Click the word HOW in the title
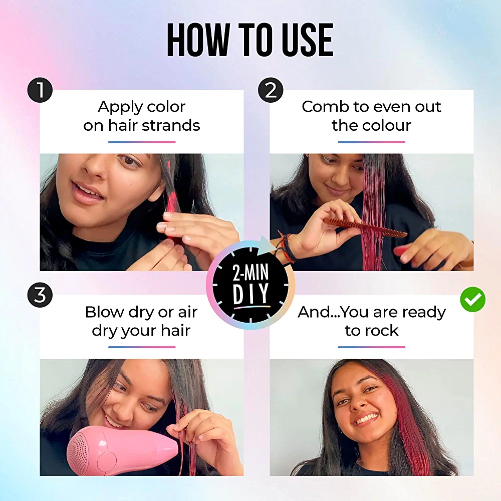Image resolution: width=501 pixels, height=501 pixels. click(x=199, y=40)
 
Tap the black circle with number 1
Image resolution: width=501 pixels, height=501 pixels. click(x=40, y=90)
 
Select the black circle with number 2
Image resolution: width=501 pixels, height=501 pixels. click(x=271, y=90)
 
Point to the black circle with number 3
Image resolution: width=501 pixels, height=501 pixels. click(x=40, y=295)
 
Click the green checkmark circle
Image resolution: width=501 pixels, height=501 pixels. click(x=473, y=300)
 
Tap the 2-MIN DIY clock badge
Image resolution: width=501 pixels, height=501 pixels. click(x=250, y=285)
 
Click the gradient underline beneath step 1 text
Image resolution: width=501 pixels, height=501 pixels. click(x=142, y=142)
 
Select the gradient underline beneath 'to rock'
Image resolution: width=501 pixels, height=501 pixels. click(x=372, y=347)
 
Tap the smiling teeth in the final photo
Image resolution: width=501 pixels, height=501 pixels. click(x=367, y=418)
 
